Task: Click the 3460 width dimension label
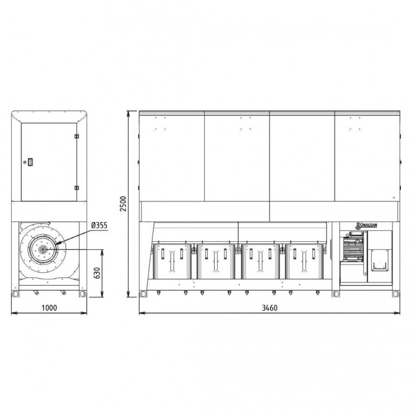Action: (x=270, y=308)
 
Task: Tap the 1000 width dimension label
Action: (x=49, y=308)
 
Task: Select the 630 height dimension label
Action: (x=97, y=273)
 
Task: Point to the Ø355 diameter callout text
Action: (x=99, y=226)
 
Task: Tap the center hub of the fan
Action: (x=42, y=249)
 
